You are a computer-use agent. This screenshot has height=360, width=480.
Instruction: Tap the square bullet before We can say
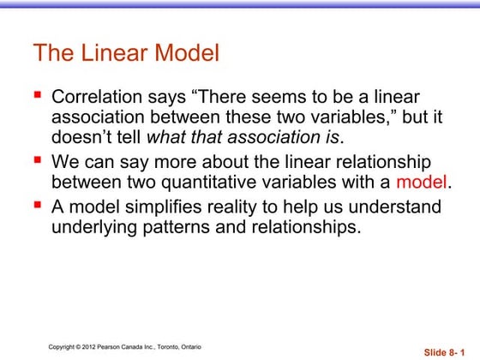click(38, 160)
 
